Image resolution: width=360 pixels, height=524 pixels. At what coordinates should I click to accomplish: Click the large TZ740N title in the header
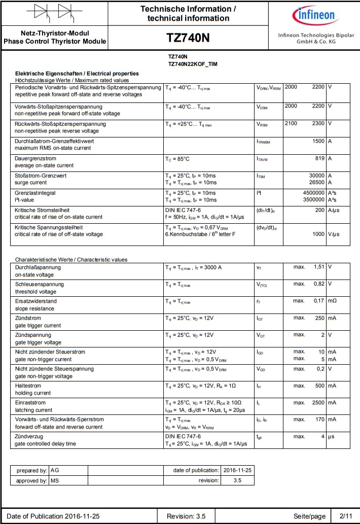click(188, 39)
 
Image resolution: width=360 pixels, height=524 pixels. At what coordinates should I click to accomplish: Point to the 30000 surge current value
click(313, 176)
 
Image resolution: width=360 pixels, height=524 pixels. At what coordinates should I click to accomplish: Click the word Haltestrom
click(28, 386)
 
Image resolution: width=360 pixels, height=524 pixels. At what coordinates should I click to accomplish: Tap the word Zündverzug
click(29, 436)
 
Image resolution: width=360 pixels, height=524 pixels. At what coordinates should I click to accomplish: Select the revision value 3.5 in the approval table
click(237, 480)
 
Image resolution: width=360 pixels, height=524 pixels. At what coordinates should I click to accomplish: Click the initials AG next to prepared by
click(55, 470)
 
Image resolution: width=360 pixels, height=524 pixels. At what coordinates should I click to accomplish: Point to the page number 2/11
click(345, 516)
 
